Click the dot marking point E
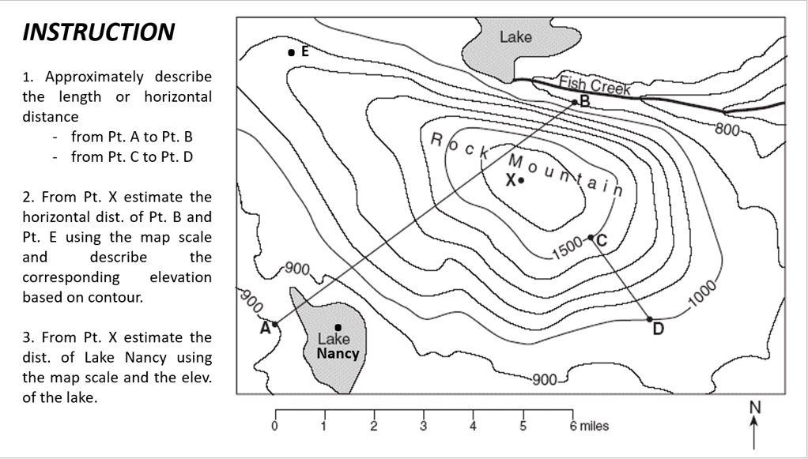tap(291, 52)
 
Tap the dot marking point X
tap(521, 180)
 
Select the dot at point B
tap(575, 101)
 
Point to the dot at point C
tap(591, 237)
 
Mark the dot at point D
tap(650, 319)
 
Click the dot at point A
tap(275, 324)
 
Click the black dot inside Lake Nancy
tap(338, 326)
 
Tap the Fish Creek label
tap(595, 85)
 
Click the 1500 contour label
tap(567, 250)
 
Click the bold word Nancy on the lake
tap(338, 353)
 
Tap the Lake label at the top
tap(515, 36)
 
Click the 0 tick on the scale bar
tap(275, 426)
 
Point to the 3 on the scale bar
tap(424, 426)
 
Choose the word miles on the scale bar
tap(595, 426)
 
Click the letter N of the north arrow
tap(754, 407)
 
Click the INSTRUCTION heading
tap(98, 32)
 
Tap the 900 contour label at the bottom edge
tap(544, 379)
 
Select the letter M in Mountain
tap(515, 161)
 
